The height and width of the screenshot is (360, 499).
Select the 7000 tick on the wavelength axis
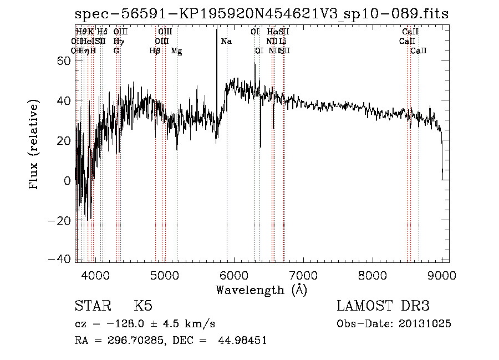tap(302, 273)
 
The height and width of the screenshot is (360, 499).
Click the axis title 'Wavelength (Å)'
tap(261, 290)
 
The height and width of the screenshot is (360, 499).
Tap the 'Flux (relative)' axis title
tap(34, 145)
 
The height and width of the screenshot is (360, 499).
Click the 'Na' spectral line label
tap(226, 41)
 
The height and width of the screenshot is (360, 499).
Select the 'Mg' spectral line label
tap(176, 51)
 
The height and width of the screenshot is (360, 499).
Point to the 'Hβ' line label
tap(155, 51)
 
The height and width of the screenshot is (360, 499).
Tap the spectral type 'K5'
tap(143, 306)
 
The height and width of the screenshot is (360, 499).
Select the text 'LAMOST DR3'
tap(383, 306)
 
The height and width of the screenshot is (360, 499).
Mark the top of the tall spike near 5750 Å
tap(216, 29)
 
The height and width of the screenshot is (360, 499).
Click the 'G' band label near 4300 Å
tap(116, 51)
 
